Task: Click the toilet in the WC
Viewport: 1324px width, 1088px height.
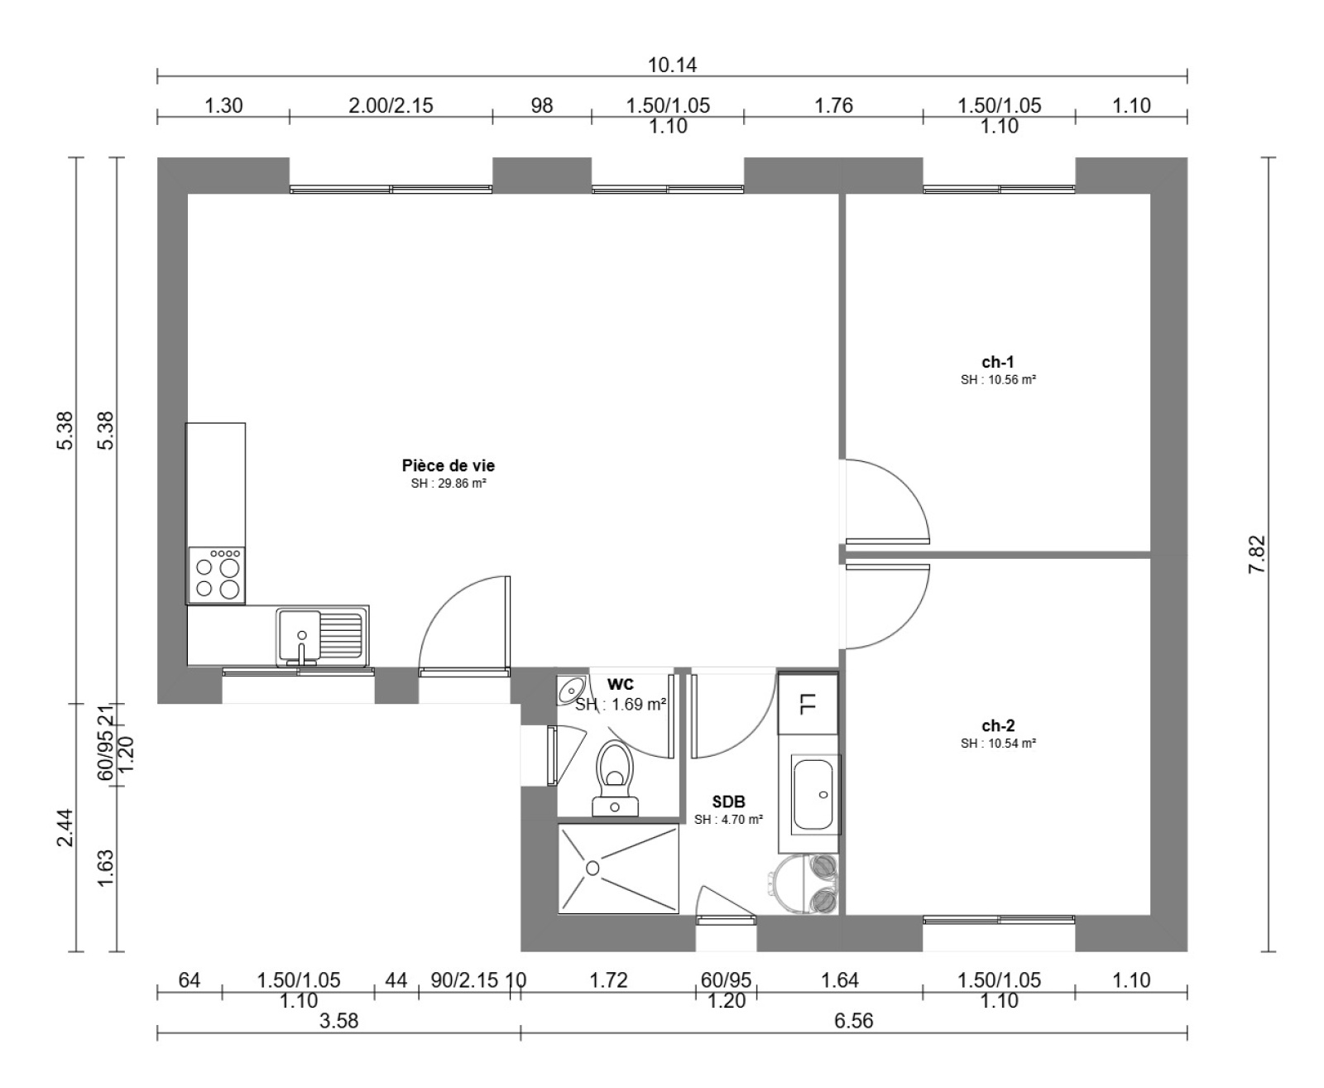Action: coord(615,777)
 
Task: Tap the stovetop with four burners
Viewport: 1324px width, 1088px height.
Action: coord(217,575)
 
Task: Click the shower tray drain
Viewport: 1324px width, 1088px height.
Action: coord(592,868)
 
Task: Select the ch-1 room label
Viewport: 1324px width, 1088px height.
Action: coord(998,362)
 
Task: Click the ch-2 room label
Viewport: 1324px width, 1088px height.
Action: coord(998,725)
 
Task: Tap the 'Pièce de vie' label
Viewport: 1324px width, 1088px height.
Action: coord(449,465)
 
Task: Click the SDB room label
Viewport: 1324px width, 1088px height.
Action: coord(728,802)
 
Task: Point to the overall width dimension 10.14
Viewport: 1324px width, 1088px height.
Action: coord(672,65)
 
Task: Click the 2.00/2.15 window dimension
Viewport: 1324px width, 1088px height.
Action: coord(391,105)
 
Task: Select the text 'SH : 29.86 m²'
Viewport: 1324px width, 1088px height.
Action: coord(449,484)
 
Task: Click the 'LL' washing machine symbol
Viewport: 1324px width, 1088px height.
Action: coord(808,704)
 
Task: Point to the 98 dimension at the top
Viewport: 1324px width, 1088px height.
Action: coord(542,105)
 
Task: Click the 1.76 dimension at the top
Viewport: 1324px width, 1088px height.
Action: coord(833,105)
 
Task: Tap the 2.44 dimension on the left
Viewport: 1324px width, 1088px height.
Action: coord(65,827)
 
